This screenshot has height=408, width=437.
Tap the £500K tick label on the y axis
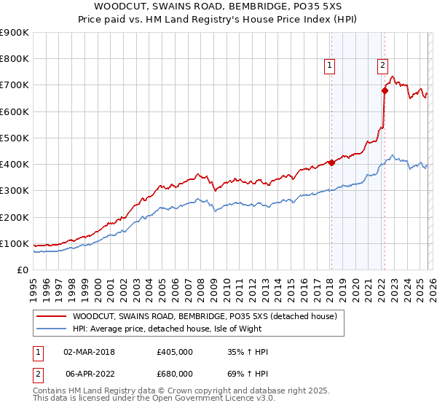pyautogui.click(x=15, y=138)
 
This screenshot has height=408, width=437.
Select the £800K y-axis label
pyautogui.click(x=15, y=59)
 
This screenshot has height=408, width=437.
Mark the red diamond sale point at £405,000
pyautogui.click(x=331, y=162)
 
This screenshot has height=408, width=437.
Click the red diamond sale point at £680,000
pyautogui.click(x=384, y=91)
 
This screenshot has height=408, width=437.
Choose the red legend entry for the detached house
pyautogui.click(x=204, y=317)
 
